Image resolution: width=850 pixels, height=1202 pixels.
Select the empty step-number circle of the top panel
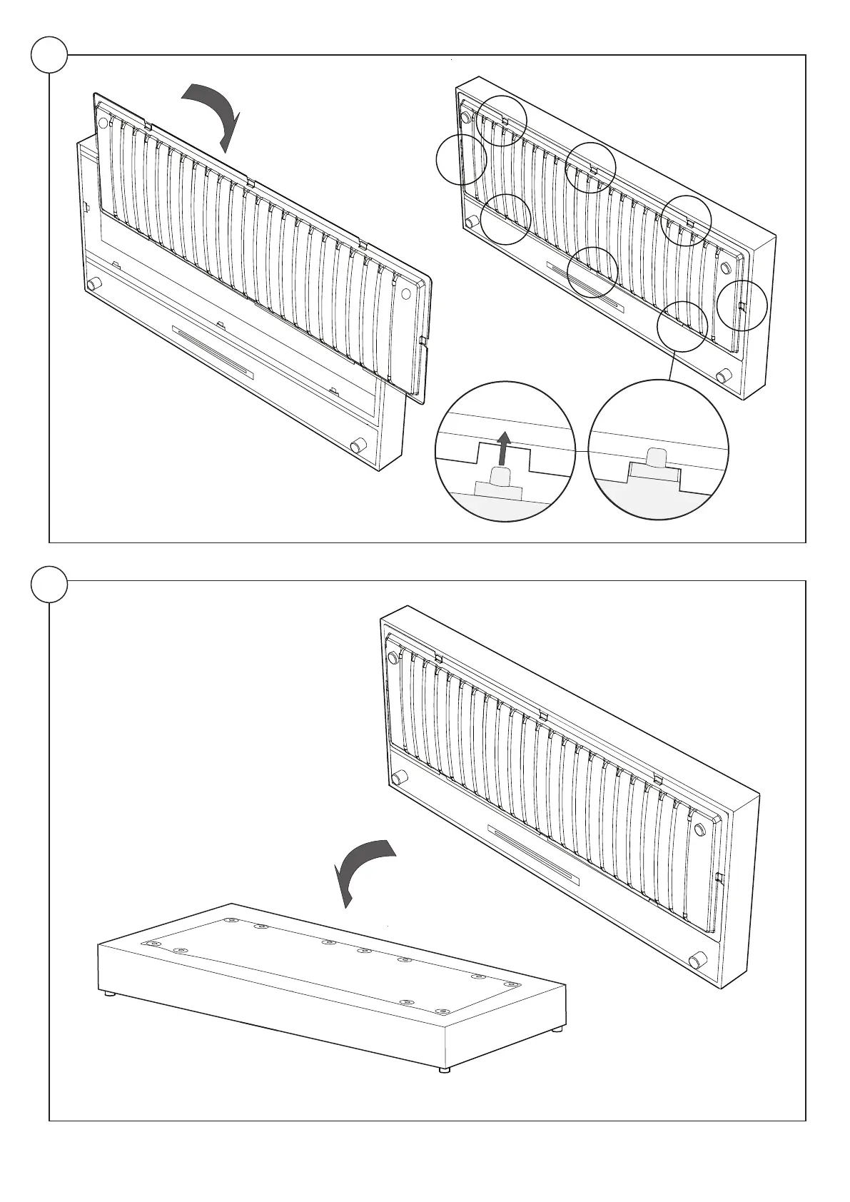coord(49,54)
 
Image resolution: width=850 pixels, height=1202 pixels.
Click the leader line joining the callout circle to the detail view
coord(671,365)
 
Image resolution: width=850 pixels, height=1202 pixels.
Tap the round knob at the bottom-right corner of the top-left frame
coord(356,448)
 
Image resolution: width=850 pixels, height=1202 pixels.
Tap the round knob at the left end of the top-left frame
coord(92,285)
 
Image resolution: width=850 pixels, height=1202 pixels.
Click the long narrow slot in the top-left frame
coord(212,353)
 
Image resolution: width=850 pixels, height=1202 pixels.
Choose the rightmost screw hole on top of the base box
coord(510,984)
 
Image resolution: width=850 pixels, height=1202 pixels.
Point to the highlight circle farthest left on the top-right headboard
coord(461,159)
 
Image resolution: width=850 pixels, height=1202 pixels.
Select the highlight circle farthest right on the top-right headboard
coord(742,305)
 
